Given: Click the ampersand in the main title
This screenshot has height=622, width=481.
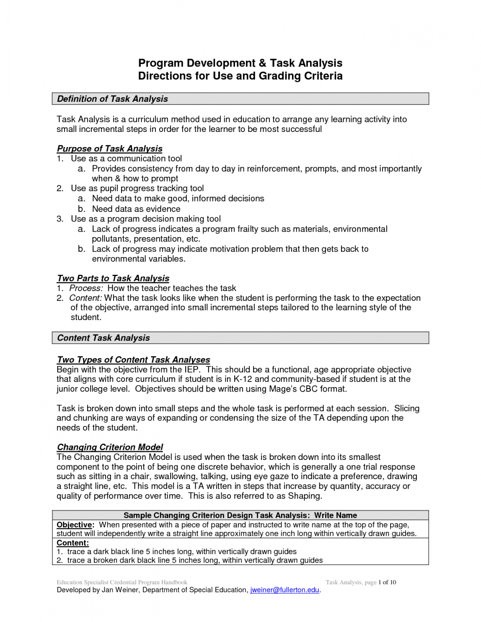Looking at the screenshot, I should tap(262, 63).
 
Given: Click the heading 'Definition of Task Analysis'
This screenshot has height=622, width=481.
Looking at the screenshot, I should tap(112, 99).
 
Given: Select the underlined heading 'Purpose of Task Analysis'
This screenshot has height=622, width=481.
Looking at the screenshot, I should tap(109, 149).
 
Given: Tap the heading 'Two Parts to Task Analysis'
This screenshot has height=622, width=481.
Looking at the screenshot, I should tap(113, 279).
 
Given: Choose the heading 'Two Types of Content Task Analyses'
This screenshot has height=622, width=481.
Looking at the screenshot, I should tap(133, 360).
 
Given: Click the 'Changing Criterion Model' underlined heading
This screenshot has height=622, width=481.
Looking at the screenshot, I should tap(110, 447).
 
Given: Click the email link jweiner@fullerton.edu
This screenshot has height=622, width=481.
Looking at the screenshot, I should tap(284, 590).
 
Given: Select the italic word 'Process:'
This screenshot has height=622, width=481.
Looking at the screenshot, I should tap(86, 289).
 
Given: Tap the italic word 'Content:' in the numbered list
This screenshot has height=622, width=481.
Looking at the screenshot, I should tap(85, 298).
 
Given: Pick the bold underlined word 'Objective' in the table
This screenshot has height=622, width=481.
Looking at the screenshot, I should tap(74, 525).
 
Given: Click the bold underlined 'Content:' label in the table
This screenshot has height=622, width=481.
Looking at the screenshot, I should tap(72, 543).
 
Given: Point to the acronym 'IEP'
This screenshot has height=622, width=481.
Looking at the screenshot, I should tap(192, 370).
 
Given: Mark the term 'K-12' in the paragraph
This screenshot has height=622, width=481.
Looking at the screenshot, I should tap(243, 379).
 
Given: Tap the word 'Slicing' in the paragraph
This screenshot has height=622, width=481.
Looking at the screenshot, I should tap(406, 409).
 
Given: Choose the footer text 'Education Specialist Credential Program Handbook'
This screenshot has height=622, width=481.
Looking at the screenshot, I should tap(122, 583).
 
